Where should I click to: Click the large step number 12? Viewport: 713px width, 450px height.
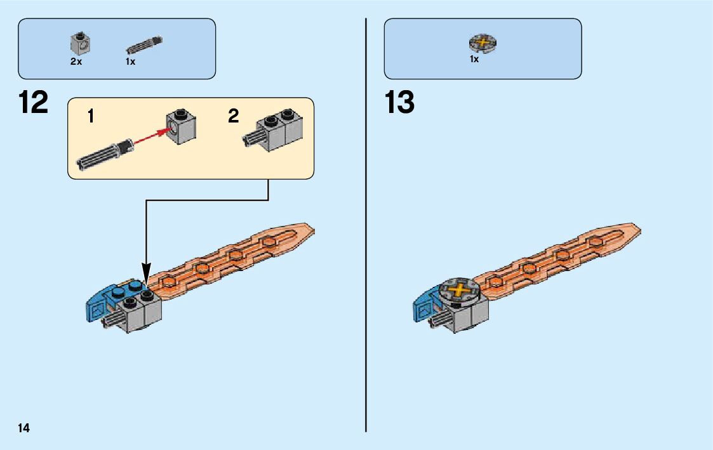33,103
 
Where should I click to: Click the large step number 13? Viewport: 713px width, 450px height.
399,103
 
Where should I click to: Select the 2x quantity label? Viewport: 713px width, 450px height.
76,62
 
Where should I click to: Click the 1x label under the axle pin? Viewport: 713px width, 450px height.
130,62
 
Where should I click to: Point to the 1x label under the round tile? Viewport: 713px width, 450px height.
474,59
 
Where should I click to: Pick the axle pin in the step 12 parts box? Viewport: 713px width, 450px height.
145,44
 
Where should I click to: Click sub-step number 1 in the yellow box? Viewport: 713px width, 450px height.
91,116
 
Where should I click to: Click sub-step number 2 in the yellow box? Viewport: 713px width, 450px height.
234,116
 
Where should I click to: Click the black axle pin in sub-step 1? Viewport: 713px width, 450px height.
104,155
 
